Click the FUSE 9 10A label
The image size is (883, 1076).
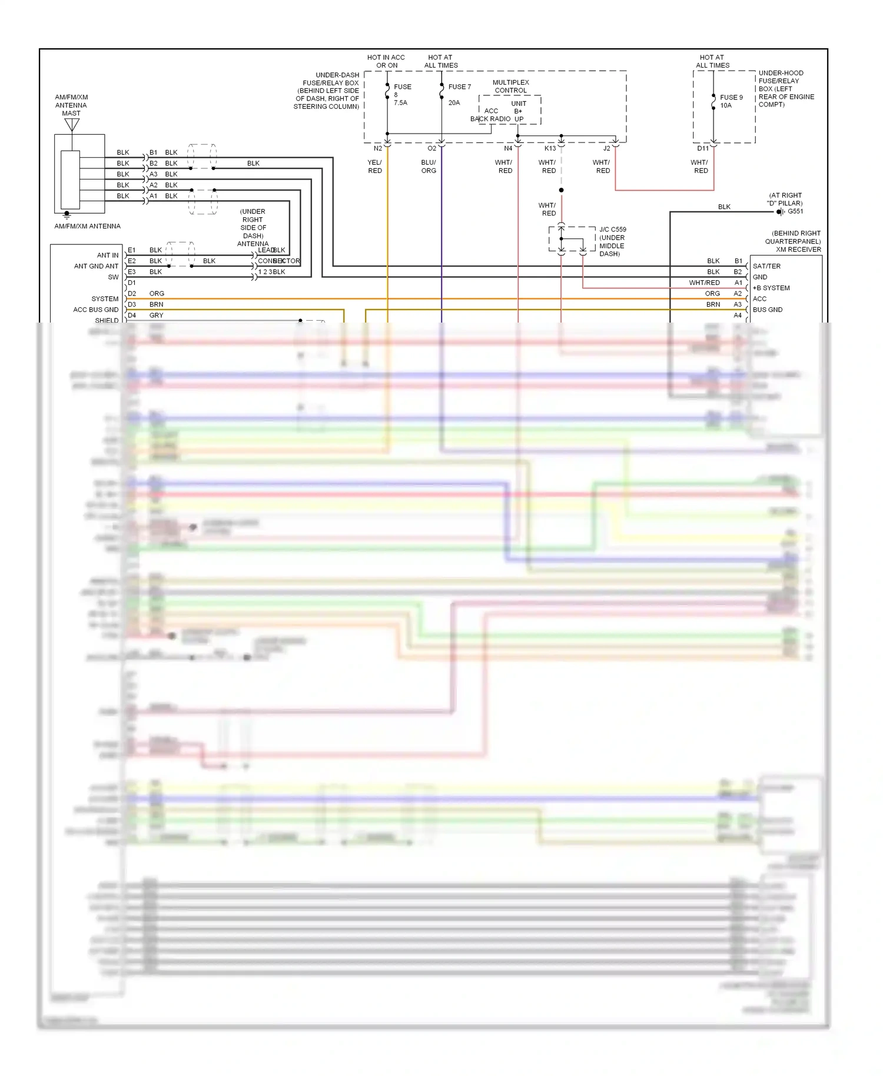(731, 101)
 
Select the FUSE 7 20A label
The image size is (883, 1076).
(459, 94)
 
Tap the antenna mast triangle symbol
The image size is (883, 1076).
(72, 125)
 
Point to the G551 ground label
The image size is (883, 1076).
(795, 211)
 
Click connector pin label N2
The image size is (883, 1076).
(378, 148)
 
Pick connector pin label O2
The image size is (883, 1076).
(432, 148)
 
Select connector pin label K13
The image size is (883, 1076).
(550, 148)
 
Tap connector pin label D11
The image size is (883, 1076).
(703, 148)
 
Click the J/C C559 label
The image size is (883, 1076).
(613, 230)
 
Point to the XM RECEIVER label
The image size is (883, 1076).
(798, 250)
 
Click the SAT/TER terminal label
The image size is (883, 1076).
(766, 266)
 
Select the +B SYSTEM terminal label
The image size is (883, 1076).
(771, 288)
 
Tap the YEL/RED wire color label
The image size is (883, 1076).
(375, 167)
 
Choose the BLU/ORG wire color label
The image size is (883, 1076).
(429, 167)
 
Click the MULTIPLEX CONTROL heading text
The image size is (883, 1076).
(510, 87)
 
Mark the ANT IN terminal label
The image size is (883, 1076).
(108, 255)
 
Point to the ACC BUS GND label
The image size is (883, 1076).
(95, 310)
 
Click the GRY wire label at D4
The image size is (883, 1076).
(156, 316)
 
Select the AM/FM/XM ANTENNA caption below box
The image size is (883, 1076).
(87, 226)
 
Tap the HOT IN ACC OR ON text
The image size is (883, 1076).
(386, 61)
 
